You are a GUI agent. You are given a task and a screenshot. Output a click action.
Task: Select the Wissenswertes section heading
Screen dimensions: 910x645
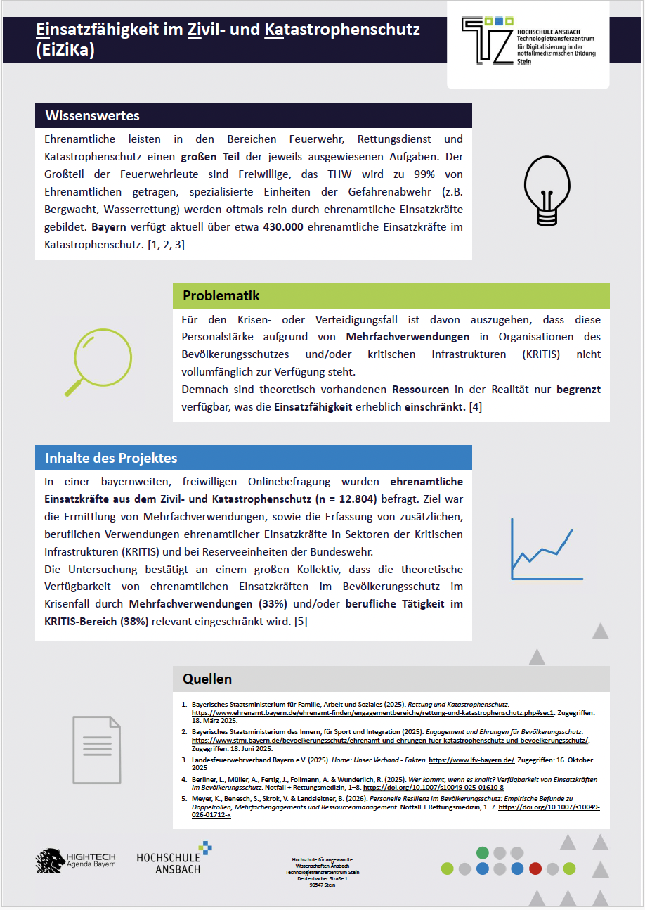pyautogui.click(x=93, y=115)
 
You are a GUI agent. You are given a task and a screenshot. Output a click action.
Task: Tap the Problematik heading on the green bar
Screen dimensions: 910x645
pyautogui.click(x=221, y=295)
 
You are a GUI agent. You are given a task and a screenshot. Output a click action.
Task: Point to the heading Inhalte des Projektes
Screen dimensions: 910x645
pyautogui.click(x=111, y=458)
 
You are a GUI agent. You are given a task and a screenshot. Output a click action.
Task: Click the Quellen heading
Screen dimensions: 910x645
pyautogui.click(x=207, y=679)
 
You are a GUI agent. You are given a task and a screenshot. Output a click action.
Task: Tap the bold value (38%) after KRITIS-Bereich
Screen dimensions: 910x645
pyautogui.click(x=134, y=621)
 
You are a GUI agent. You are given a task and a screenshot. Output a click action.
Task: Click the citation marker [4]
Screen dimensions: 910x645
pyautogui.click(x=476, y=407)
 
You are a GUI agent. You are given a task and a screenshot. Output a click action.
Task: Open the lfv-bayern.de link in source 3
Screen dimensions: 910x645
pyautogui.click(x=472, y=760)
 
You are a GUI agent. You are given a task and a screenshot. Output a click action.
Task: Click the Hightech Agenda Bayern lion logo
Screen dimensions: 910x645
pyautogui.click(x=51, y=859)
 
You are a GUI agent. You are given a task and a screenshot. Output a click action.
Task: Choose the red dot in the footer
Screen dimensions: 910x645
pyautogui.click(x=535, y=869)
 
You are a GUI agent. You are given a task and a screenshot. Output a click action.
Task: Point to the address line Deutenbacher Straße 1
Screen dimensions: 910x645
pyautogui.click(x=322, y=878)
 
